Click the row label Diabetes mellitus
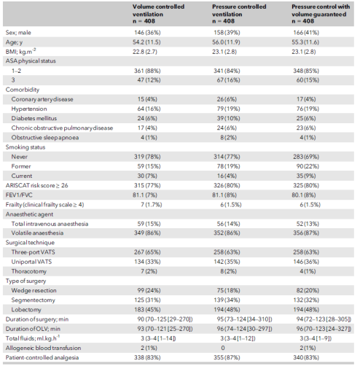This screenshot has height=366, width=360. [x=34, y=118]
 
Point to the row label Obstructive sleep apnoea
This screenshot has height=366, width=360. [x=45, y=138]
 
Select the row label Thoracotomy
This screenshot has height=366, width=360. [x=29, y=271]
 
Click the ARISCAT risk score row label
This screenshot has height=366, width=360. [x=36, y=185]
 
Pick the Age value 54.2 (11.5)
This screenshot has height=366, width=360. [x=146, y=42]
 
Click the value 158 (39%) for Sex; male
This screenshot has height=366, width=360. [x=227, y=33]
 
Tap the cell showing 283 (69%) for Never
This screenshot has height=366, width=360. [x=306, y=157]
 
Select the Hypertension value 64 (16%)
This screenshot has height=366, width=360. [x=149, y=109]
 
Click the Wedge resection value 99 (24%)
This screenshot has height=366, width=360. [x=149, y=290]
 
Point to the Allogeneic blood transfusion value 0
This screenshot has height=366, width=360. [x=223, y=348]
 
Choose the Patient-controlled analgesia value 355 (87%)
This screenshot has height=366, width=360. [x=227, y=357]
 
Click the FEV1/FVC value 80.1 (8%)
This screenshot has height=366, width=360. [x=304, y=195]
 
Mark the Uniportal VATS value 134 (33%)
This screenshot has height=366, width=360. [x=147, y=262]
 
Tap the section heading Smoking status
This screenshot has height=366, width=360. [x=26, y=147]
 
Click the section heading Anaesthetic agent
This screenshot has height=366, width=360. [x=29, y=214]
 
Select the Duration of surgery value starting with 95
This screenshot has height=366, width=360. [x=244, y=319]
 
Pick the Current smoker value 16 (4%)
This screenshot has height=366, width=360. [x=228, y=176]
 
